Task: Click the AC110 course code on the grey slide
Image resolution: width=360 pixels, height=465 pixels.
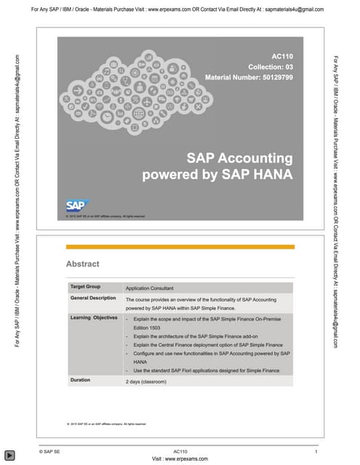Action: click(x=281, y=56)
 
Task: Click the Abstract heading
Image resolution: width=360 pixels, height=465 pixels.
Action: click(x=82, y=264)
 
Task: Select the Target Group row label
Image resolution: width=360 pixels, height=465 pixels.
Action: click(x=85, y=287)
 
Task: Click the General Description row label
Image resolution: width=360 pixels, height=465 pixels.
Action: click(x=93, y=299)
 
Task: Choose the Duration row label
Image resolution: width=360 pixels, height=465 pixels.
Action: click(x=80, y=380)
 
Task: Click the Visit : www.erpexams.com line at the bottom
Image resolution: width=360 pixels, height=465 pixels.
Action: click(x=180, y=459)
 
